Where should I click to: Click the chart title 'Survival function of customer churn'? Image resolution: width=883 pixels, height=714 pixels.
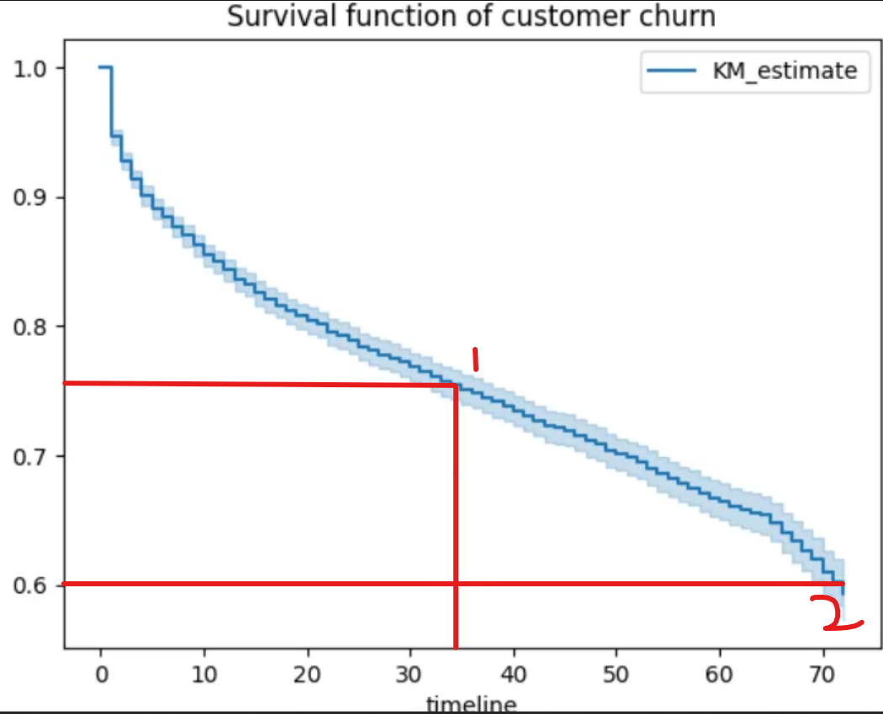pos(472,17)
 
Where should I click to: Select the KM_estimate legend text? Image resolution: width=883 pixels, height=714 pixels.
pos(785,71)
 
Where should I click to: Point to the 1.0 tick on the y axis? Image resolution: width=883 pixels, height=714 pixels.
pos(29,68)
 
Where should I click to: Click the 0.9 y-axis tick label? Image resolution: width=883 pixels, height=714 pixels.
pos(29,197)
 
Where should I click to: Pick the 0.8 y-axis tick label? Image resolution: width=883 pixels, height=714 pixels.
pos(29,327)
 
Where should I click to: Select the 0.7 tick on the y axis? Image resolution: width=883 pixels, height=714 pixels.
pos(29,456)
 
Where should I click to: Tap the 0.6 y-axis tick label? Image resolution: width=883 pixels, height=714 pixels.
pos(29,585)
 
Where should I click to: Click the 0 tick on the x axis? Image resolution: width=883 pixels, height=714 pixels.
pos(101,673)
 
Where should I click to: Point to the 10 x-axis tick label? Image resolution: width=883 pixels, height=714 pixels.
pos(204,673)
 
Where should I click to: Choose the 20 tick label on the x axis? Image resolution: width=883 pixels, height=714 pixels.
pos(308,673)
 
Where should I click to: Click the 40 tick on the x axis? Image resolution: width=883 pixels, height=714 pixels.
pos(514,673)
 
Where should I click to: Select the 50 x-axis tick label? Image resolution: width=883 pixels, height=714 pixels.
pos(617,673)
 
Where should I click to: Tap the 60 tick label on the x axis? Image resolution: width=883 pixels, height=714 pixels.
pos(721,673)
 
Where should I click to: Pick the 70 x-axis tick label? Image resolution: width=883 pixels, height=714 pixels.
pos(824,673)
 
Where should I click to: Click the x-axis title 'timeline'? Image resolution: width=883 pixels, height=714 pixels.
pos(471,704)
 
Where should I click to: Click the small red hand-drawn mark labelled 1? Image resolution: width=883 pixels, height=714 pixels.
pos(476,360)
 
